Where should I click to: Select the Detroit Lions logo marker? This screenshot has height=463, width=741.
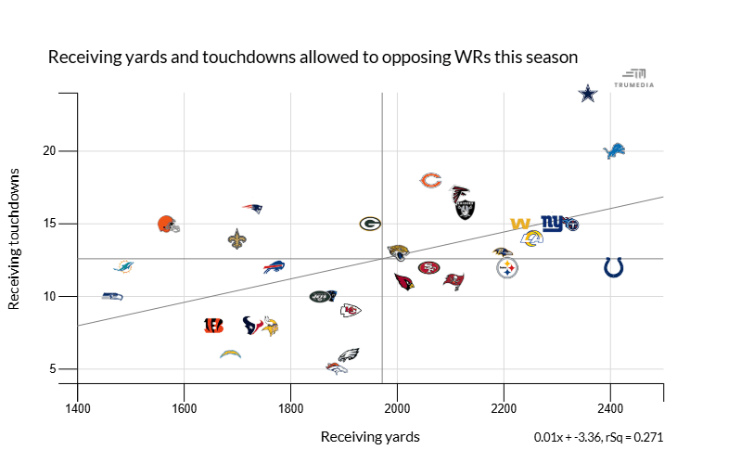[x=615, y=150]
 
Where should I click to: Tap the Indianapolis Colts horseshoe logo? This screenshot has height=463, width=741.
[x=613, y=267]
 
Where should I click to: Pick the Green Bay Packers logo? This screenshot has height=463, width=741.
[x=370, y=224]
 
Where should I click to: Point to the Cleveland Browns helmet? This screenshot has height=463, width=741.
[x=168, y=224]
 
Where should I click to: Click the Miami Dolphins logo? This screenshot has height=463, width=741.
[x=123, y=267]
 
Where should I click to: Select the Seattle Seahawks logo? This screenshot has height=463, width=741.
[x=112, y=296]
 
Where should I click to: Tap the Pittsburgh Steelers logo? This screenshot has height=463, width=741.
[x=507, y=268]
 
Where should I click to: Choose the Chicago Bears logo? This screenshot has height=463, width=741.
[x=430, y=180]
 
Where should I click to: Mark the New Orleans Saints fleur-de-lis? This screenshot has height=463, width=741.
[x=237, y=238]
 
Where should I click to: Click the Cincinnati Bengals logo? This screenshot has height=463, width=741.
[x=213, y=326]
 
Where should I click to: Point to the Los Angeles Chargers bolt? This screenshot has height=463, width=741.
[x=231, y=354]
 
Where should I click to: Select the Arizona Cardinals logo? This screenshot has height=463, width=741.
[x=404, y=281]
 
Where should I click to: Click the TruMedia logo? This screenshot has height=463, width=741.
[x=635, y=78]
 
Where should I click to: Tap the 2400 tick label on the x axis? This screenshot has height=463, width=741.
[x=610, y=407]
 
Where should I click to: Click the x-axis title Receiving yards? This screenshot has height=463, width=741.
[x=370, y=436]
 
